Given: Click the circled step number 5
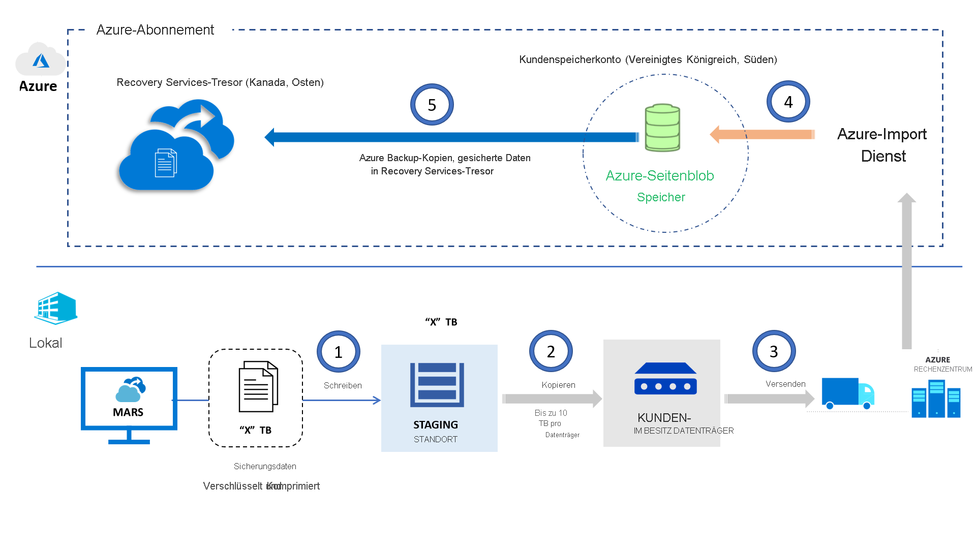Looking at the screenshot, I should point(432,105).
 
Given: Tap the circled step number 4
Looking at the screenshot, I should point(788,102).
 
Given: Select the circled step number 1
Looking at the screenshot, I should point(339,352).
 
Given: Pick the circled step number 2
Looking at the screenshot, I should point(551,351).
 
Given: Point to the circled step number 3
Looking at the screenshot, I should point(774,351).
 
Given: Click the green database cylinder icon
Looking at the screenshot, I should point(662,128).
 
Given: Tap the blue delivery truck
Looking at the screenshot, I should point(847,393).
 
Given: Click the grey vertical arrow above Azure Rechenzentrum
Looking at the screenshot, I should point(906,269).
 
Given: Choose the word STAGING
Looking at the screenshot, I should point(435,424).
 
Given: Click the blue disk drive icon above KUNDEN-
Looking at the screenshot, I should point(665,379).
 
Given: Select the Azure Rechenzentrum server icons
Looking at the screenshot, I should point(936,399).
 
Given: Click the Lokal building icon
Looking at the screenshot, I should point(56,308).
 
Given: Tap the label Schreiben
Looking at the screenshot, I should point(343,385).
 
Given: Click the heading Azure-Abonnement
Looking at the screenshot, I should point(155,30).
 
